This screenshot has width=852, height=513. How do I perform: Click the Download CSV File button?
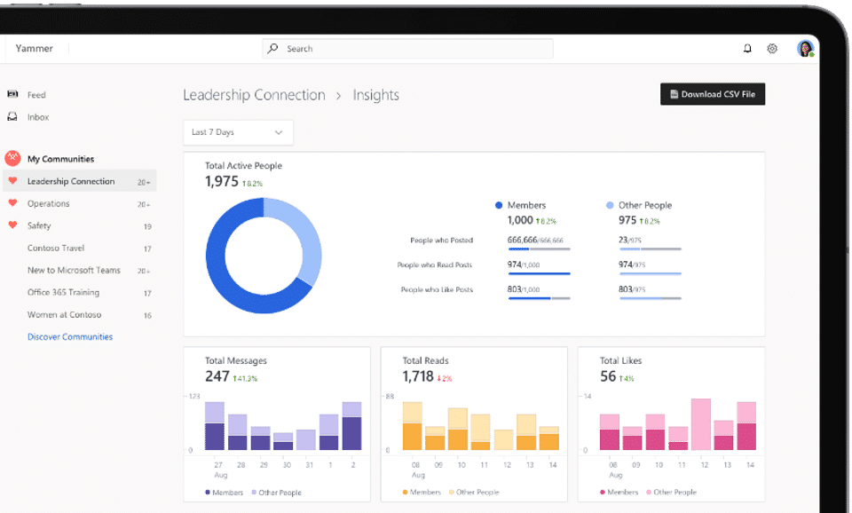click(x=712, y=94)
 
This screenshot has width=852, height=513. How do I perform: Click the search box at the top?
click(x=407, y=49)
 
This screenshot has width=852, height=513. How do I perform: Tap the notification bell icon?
click(x=747, y=49)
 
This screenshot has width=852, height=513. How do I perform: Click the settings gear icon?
click(x=772, y=49)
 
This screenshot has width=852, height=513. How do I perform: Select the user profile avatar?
click(x=805, y=49)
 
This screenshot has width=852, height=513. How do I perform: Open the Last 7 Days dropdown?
click(x=238, y=132)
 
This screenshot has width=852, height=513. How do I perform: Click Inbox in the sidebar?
click(x=38, y=117)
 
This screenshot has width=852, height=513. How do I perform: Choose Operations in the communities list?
click(x=48, y=203)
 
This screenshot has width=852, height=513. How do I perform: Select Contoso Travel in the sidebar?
click(x=55, y=248)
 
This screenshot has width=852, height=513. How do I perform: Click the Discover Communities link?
click(x=70, y=337)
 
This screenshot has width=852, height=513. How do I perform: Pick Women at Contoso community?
click(x=64, y=314)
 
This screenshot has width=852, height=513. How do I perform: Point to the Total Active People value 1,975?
click(x=222, y=181)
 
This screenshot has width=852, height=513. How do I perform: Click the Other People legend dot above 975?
click(x=610, y=205)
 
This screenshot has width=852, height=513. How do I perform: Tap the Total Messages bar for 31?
click(x=306, y=440)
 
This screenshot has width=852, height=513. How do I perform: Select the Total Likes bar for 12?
click(x=701, y=425)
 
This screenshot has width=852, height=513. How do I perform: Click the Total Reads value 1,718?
click(x=418, y=376)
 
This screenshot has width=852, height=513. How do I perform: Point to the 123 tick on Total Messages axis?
click(x=193, y=396)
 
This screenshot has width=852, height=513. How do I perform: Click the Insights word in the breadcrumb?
click(x=376, y=95)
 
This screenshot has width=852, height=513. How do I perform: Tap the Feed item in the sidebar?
click(x=36, y=95)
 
